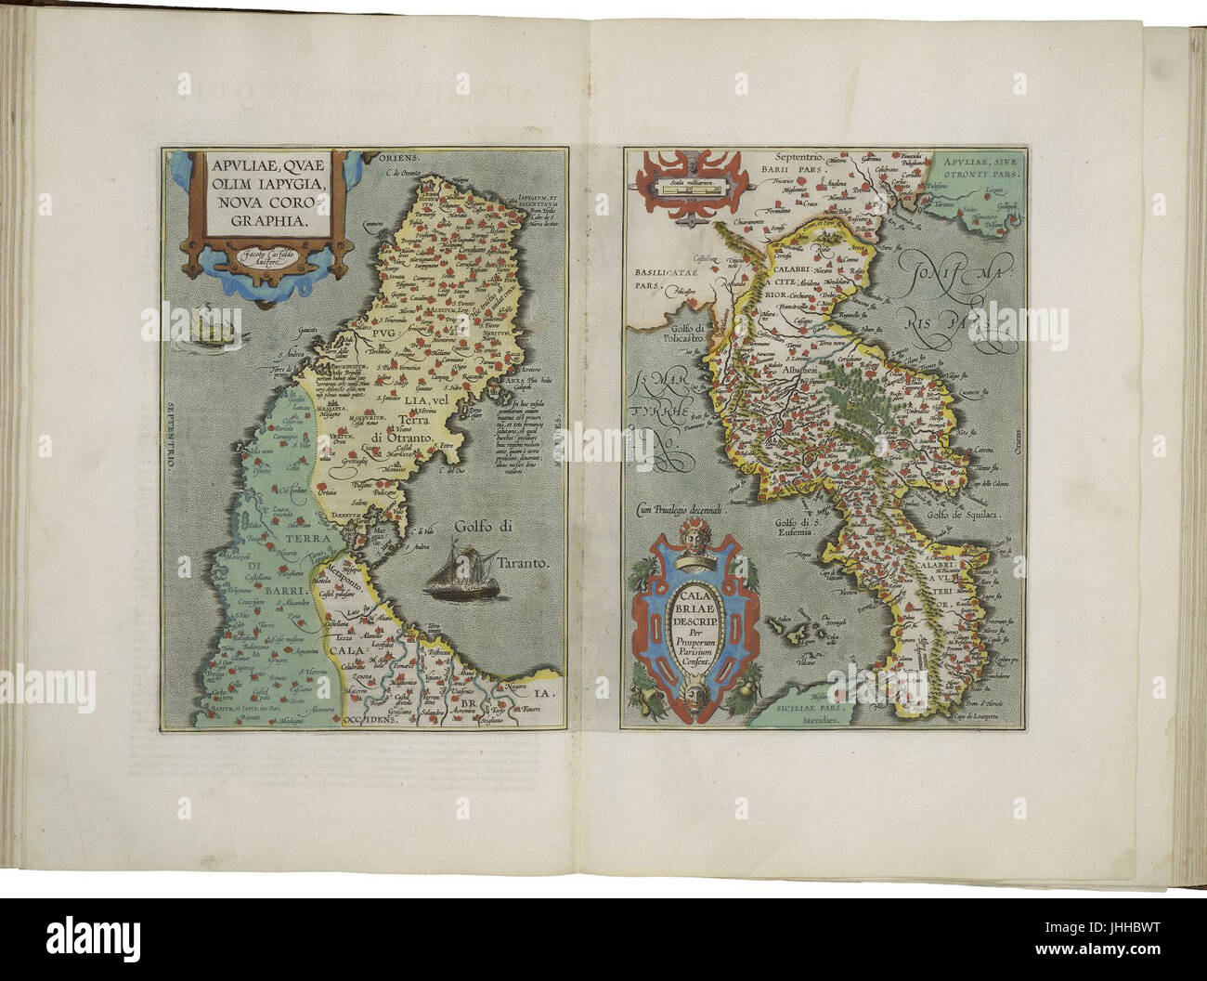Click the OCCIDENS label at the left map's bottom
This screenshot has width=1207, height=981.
click(x=370, y=719)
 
